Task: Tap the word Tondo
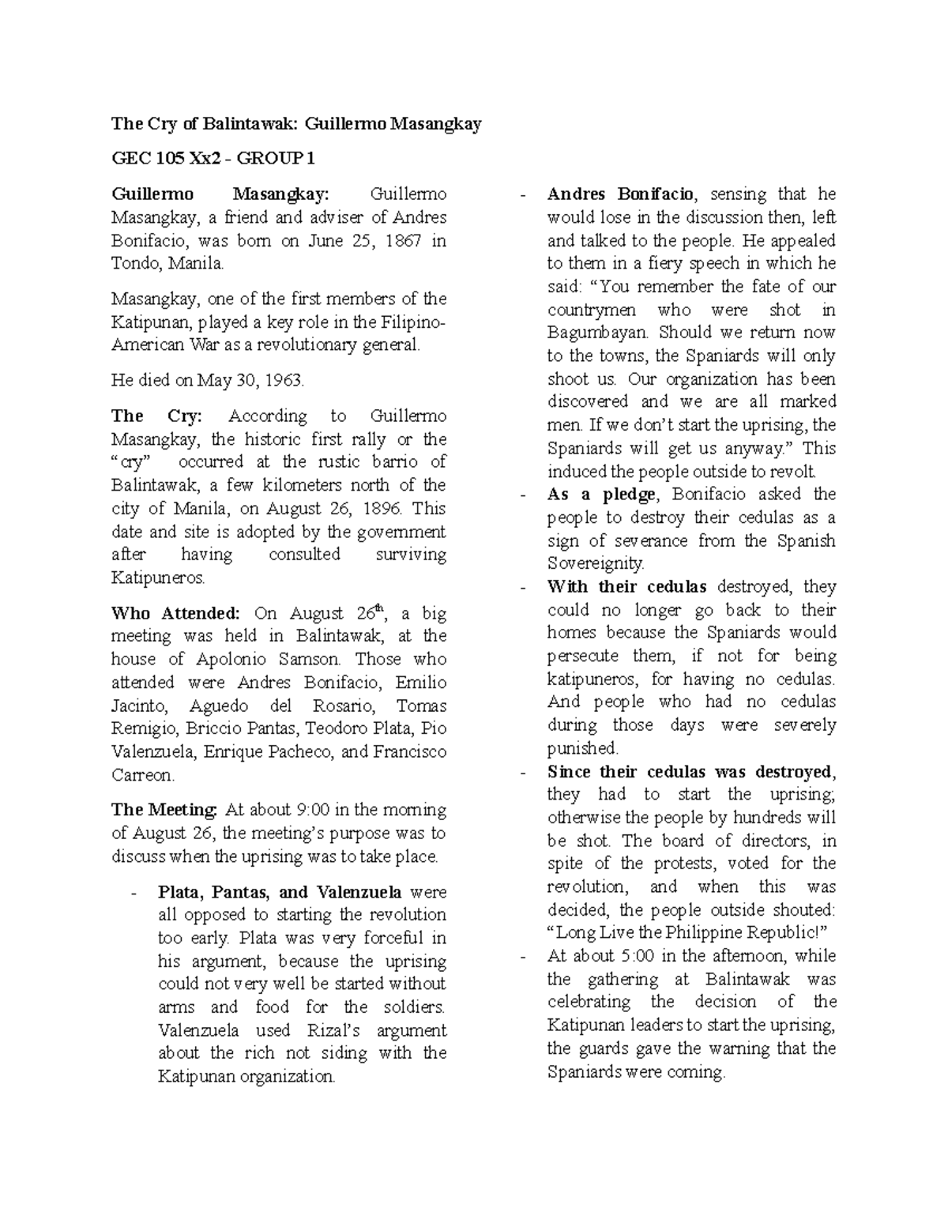coord(135,263)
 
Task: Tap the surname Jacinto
coord(139,706)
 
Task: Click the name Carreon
coord(142,775)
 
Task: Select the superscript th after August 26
coord(379,608)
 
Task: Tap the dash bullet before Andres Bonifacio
coord(525,195)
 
